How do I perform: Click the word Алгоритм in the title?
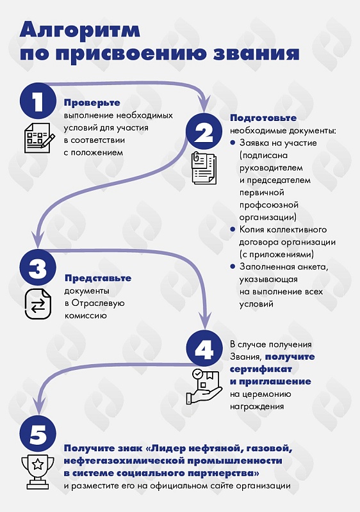coord(80,31)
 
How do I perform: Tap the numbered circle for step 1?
coord(38,101)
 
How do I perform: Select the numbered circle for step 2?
coord(204,132)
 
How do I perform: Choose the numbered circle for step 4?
coord(204,348)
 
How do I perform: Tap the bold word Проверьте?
coord(92,103)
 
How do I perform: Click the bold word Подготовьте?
coord(263,118)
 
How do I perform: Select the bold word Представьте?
coord(98,278)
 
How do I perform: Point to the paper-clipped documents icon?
coord(204,168)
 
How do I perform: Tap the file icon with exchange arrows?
coord(38,304)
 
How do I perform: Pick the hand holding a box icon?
coord(204,387)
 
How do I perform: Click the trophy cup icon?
coord(38,472)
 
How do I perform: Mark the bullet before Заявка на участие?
coord(233,143)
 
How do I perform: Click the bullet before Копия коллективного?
coord(233,229)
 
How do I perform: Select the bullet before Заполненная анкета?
coord(233,266)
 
